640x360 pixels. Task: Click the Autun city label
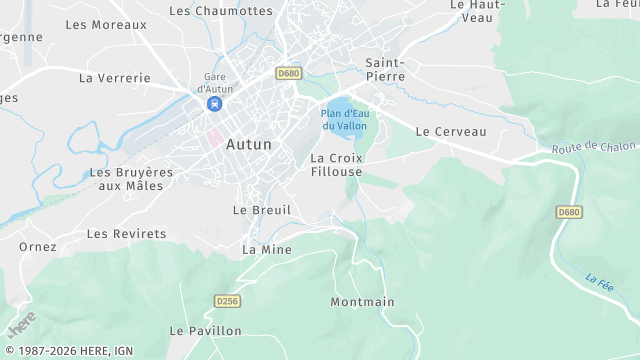click(x=249, y=144)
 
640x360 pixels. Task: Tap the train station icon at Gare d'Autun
click(x=215, y=103)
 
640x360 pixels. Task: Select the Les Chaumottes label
click(x=221, y=11)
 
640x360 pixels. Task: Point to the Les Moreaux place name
click(x=106, y=24)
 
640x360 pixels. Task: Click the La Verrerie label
click(x=115, y=78)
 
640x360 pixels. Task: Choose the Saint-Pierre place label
click(x=385, y=69)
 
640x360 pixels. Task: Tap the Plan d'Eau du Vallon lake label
click(x=344, y=119)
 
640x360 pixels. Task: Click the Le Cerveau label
click(x=450, y=131)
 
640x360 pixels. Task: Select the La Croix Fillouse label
click(x=336, y=165)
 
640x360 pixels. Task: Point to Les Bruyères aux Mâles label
click(x=131, y=178)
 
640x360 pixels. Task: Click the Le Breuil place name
click(x=262, y=210)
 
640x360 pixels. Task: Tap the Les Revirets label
click(x=126, y=234)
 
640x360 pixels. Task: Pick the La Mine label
click(x=267, y=249)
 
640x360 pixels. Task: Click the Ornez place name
click(x=38, y=246)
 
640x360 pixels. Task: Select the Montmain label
click(x=362, y=302)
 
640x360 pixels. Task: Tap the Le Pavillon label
click(x=205, y=330)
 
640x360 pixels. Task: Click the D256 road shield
click(x=228, y=300)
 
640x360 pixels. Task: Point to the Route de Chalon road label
click(x=592, y=147)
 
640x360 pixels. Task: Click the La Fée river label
click(x=599, y=282)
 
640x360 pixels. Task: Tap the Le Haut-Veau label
click(x=477, y=11)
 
